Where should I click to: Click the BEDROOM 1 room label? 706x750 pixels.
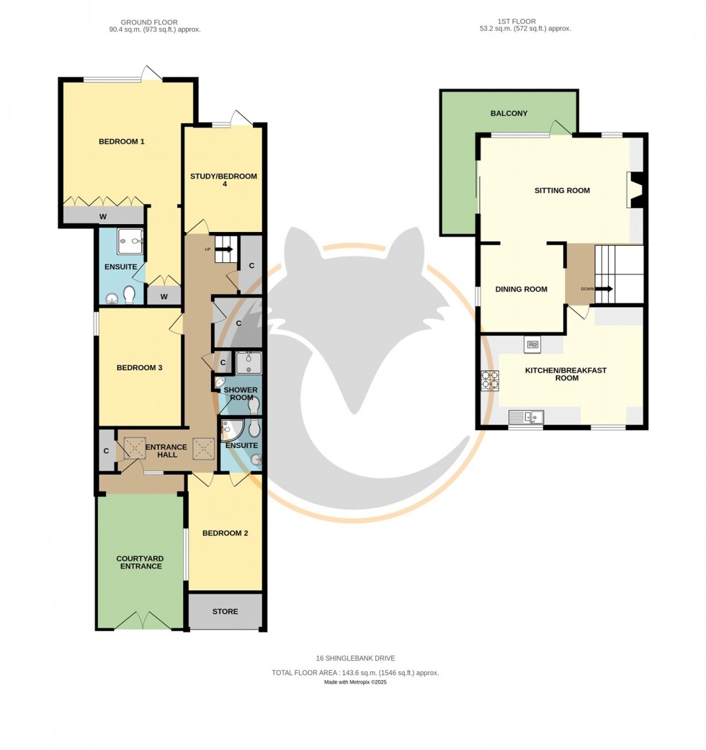tap(122, 141)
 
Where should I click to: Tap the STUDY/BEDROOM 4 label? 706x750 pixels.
tap(223, 181)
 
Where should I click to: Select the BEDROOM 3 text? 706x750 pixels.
tap(140, 367)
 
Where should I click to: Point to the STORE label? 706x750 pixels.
tap(225, 612)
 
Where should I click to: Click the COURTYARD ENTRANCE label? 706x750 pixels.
tap(140, 562)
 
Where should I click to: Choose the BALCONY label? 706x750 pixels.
tap(509, 113)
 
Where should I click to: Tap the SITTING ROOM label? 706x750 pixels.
tap(562, 190)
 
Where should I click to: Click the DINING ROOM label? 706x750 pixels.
tap(521, 289)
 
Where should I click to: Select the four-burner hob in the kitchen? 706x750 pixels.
tap(490, 380)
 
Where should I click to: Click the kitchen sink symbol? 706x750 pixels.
tap(527, 416)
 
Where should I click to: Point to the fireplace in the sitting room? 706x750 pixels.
tap(634, 190)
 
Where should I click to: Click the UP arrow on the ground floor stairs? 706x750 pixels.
tap(223, 249)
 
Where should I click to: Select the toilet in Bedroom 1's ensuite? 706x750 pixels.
tap(130, 295)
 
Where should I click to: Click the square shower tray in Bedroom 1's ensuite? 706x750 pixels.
tap(130, 241)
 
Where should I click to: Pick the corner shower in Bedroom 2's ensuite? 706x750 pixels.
tap(232, 430)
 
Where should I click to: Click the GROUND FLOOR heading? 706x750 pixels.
tap(149, 22)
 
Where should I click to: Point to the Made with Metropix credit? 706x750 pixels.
tap(355, 682)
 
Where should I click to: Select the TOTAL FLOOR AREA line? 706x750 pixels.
tap(355, 672)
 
